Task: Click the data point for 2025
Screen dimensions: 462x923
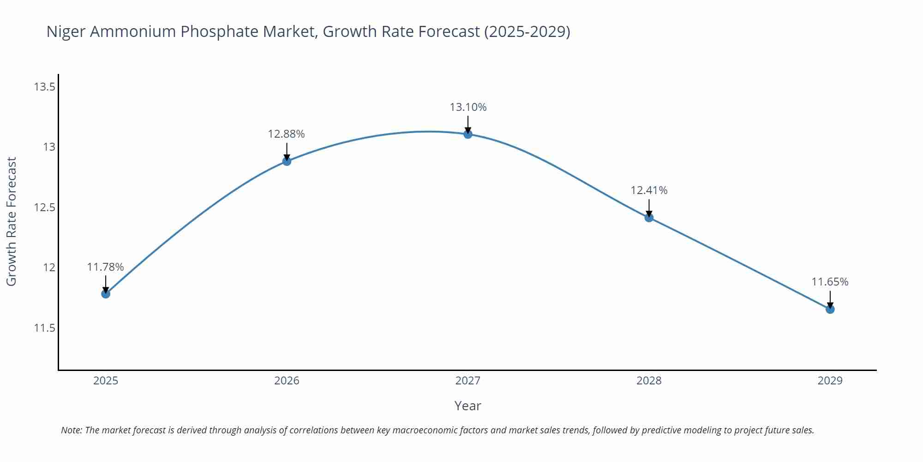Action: coord(106,293)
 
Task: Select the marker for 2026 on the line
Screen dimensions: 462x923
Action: coord(287,161)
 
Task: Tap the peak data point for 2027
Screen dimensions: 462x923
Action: coord(468,134)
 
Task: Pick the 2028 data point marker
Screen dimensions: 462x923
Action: coord(649,218)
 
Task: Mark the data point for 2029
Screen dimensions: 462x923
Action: coord(830,309)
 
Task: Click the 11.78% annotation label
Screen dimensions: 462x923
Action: coord(105,267)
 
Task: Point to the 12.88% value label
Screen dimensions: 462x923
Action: coord(286,134)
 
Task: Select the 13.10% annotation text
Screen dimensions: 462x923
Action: coord(468,107)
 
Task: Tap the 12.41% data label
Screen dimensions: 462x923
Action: coord(649,190)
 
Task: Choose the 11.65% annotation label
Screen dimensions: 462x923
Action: coord(830,282)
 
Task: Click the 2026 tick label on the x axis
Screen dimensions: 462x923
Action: coord(287,381)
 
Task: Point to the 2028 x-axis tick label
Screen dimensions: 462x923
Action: coord(649,381)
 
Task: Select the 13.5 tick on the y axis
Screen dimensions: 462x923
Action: coord(44,87)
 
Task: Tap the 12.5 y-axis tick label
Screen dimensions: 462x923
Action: coord(44,207)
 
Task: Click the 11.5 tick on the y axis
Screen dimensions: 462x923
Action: coord(44,328)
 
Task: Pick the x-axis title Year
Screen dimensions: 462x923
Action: coord(467,406)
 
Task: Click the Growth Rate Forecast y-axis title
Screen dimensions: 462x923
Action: coord(11,221)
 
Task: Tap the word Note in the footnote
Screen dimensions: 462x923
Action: coord(71,430)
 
